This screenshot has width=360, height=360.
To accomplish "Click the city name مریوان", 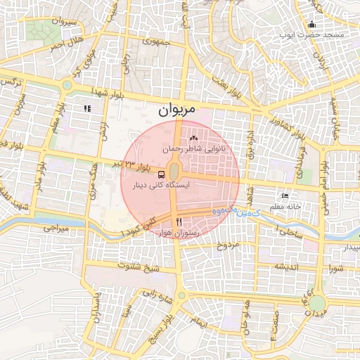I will coord(174,109).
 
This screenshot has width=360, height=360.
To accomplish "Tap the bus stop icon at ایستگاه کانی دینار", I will coord(162,174).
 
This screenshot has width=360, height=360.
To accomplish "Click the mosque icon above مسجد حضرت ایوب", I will coord(311,25).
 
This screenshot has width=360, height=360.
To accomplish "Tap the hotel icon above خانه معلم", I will coord(285,196).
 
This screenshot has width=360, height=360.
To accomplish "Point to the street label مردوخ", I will coord(228,245).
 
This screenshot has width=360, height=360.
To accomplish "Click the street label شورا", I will coord(334,267).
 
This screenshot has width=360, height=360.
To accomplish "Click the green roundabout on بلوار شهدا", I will coord(67,86).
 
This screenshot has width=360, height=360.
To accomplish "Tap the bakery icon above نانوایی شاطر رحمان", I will coord(193,139).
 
